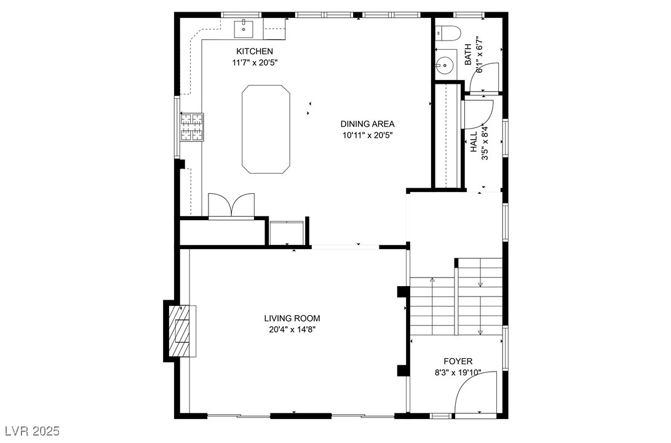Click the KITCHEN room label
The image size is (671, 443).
tap(255, 51)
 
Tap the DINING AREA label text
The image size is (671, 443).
tap(367, 124)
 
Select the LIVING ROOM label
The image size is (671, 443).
tap(292, 319)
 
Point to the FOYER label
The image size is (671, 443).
tap(458, 361)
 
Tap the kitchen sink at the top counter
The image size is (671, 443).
tap(244, 28)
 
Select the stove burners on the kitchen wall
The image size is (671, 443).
tap(192, 127)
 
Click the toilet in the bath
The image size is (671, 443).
tap(447, 33)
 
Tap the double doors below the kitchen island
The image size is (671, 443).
tap(231, 206)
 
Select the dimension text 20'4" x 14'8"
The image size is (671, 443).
tap(292, 330)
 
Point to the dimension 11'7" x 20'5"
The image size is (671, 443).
tap(255, 63)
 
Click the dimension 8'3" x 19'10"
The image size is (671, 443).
tap(458, 373)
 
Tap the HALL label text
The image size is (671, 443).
tap(474, 142)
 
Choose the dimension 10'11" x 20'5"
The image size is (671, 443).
tap(367, 136)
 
